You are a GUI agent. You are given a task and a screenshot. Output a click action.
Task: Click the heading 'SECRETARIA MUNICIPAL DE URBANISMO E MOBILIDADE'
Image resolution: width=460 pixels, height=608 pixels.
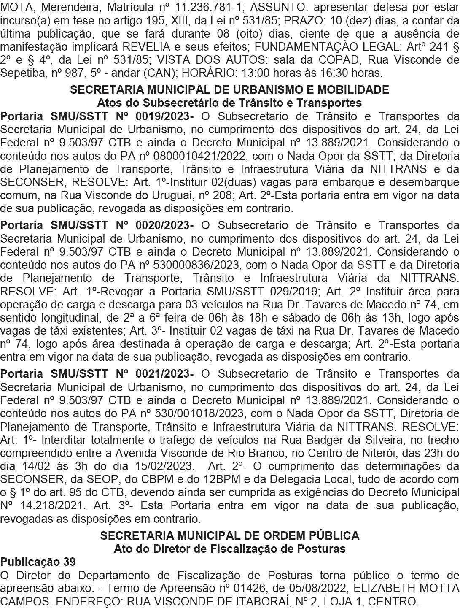[x=229, y=90]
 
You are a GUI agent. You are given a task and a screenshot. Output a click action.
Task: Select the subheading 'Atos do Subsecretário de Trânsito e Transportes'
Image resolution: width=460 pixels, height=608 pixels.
[x=229, y=103]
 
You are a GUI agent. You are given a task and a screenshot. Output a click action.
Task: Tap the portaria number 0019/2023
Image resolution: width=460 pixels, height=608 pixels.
[x=165, y=116]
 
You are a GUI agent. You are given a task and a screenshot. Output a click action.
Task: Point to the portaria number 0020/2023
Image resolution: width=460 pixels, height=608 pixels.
[x=165, y=225]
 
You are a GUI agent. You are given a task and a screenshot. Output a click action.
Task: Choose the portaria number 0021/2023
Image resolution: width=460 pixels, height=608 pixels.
[x=165, y=374]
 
